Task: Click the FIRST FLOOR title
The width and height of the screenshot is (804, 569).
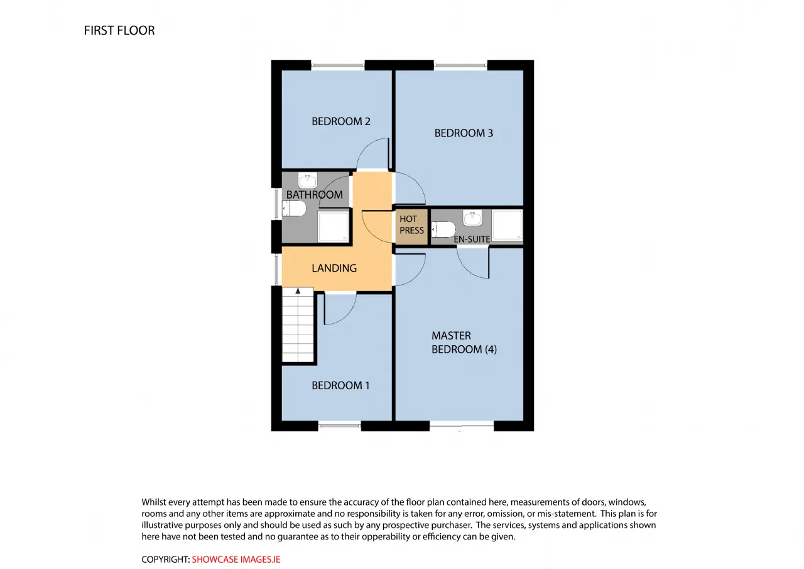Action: (x=119, y=31)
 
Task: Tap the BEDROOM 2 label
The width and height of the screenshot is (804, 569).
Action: (x=340, y=121)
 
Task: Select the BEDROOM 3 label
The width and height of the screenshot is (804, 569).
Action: (x=464, y=133)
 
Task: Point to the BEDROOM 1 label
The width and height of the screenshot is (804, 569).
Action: (x=340, y=385)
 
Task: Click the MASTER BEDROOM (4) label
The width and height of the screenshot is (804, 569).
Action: (x=464, y=342)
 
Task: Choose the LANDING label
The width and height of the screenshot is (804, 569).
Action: (x=334, y=268)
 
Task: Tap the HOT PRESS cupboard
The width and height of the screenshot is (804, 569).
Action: (x=411, y=227)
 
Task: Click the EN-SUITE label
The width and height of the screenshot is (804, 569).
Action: (x=472, y=240)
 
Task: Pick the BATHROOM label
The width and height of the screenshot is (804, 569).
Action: (x=314, y=195)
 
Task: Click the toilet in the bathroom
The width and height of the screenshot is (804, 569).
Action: (x=294, y=208)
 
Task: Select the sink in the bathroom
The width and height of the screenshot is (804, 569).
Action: (x=308, y=180)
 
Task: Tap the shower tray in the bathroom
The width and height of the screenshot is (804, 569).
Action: (x=333, y=227)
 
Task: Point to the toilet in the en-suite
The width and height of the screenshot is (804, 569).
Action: (x=443, y=229)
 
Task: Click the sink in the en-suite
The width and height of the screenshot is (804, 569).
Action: (x=472, y=218)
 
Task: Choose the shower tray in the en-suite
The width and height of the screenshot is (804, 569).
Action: (x=507, y=225)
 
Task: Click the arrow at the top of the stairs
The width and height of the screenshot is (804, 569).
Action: (x=298, y=291)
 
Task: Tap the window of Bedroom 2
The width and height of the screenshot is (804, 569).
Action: (x=337, y=65)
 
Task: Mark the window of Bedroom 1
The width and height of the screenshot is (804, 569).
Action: (x=339, y=426)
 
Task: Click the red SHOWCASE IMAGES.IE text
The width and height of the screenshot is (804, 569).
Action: (x=236, y=560)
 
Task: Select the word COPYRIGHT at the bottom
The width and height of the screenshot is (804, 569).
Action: (x=165, y=560)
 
